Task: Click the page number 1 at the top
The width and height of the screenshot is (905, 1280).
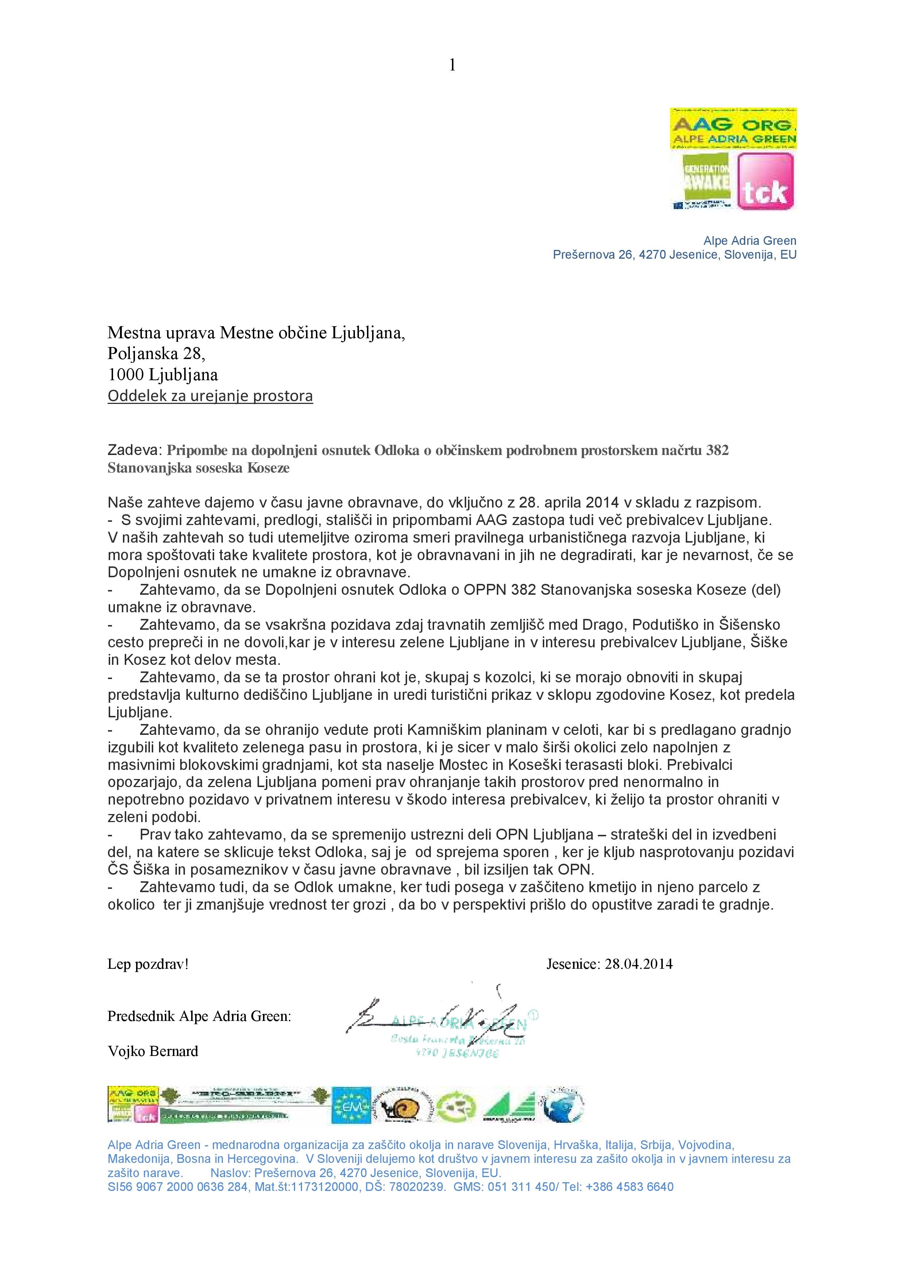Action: (x=452, y=66)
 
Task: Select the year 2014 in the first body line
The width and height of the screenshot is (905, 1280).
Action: (x=601, y=502)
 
